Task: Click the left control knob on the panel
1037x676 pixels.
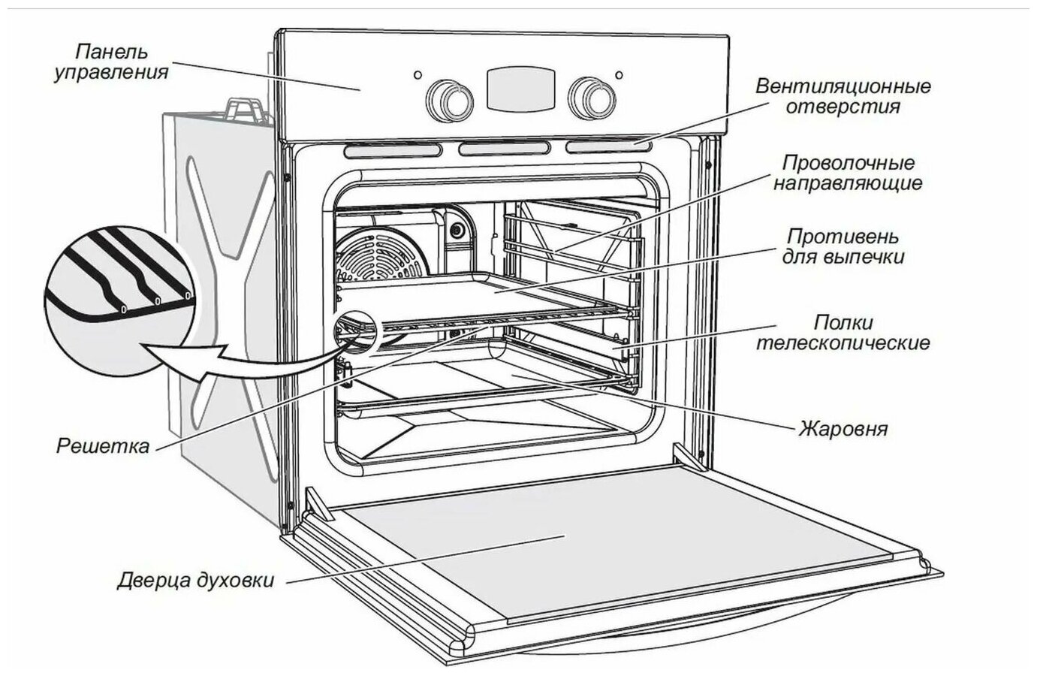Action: (x=449, y=97)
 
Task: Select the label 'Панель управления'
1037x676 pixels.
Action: (x=111, y=62)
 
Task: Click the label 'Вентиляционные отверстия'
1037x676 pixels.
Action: (x=843, y=95)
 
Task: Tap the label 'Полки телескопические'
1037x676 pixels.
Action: (x=843, y=333)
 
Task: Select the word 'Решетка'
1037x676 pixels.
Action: (x=103, y=446)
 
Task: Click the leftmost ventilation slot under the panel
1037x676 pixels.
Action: (x=393, y=151)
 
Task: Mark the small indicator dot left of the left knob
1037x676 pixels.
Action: (x=418, y=75)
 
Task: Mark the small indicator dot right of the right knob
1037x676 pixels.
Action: (x=619, y=74)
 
